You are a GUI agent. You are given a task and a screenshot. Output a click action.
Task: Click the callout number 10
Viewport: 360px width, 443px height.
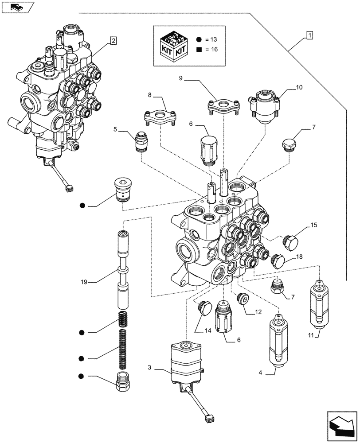pyautogui.click(x=299, y=88)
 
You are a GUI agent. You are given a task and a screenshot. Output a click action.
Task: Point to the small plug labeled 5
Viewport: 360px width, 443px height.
pyautogui.click(x=141, y=141)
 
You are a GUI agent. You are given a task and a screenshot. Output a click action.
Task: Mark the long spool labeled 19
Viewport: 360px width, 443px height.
pyautogui.click(x=123, y=270)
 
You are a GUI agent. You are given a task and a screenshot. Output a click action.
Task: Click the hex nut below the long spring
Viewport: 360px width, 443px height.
pyautogui.click(x=123, y=381)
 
